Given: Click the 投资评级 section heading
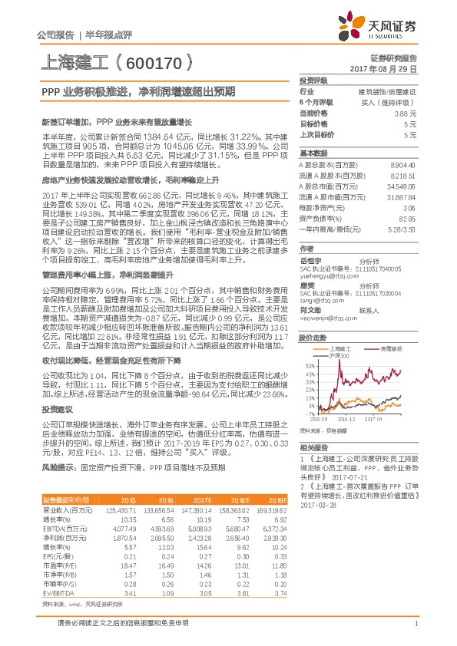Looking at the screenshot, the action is click(x=313, y=80).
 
